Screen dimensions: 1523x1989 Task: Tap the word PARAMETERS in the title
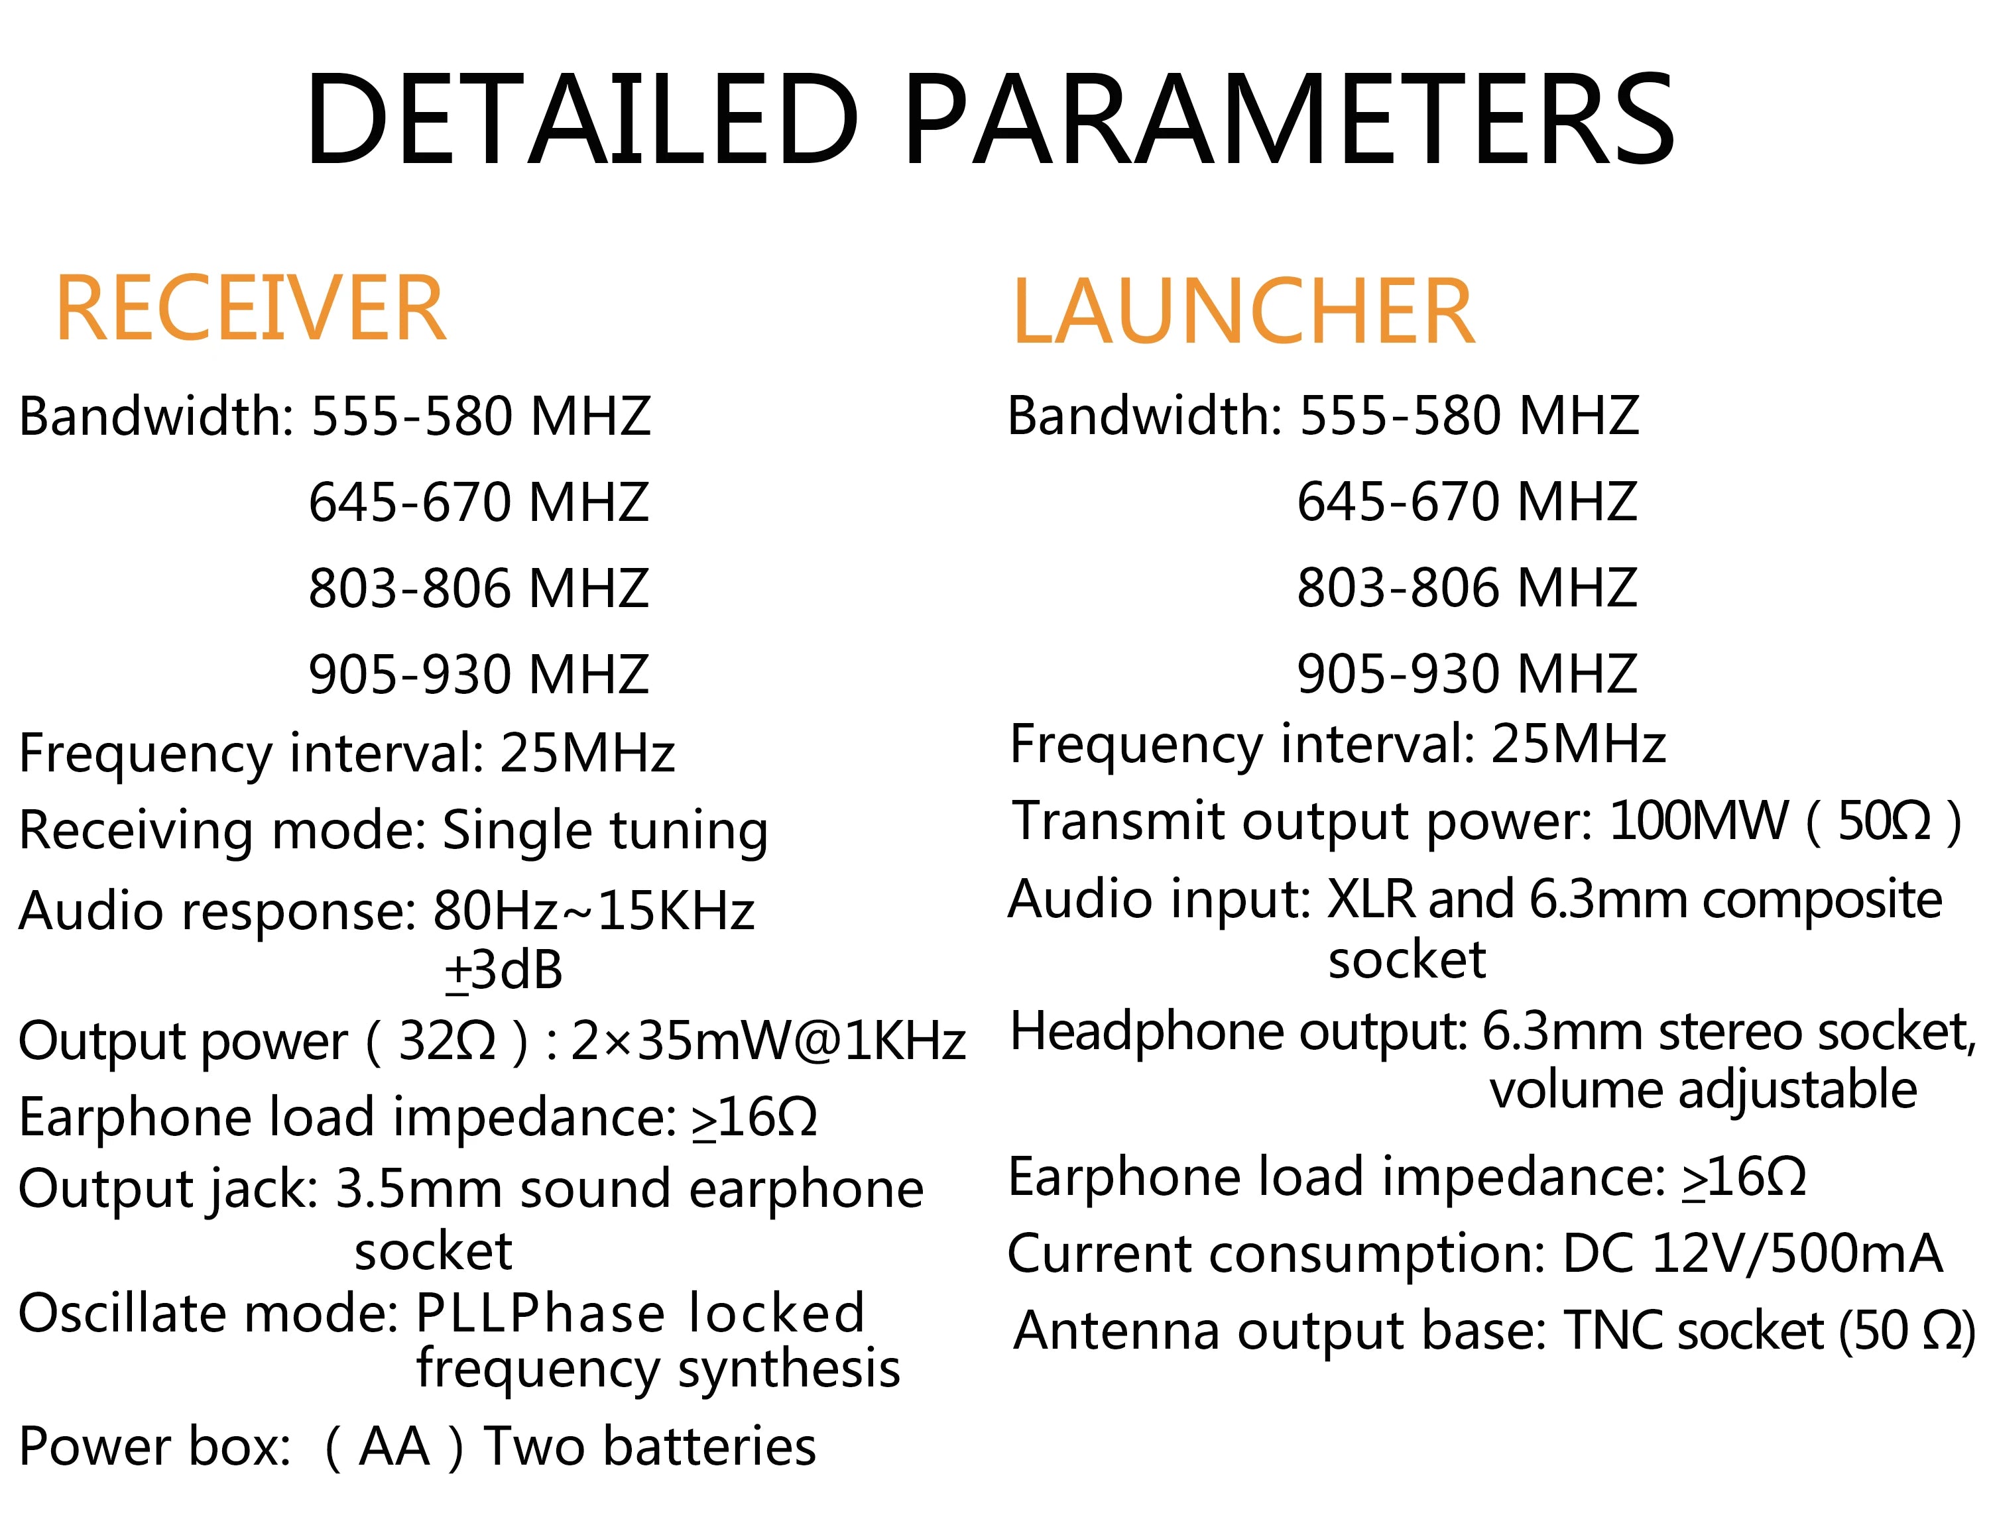pyautogui.click(x=1288, y=120)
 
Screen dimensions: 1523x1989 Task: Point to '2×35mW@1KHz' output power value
pyautogui.click(x=767, y=1041)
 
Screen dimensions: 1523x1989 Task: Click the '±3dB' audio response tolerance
pyautogui.click(x=503, y=970)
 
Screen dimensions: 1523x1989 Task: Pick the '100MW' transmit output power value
pyautogui.click(x=1696, y=821)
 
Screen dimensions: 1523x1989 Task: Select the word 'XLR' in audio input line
pyautogui.click(x=1370, y=899)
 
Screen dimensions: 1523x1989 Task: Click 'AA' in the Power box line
pyautogui.click(x=394, y=1446)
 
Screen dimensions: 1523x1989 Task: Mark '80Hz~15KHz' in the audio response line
pyautogui.click(x=594, y=910)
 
